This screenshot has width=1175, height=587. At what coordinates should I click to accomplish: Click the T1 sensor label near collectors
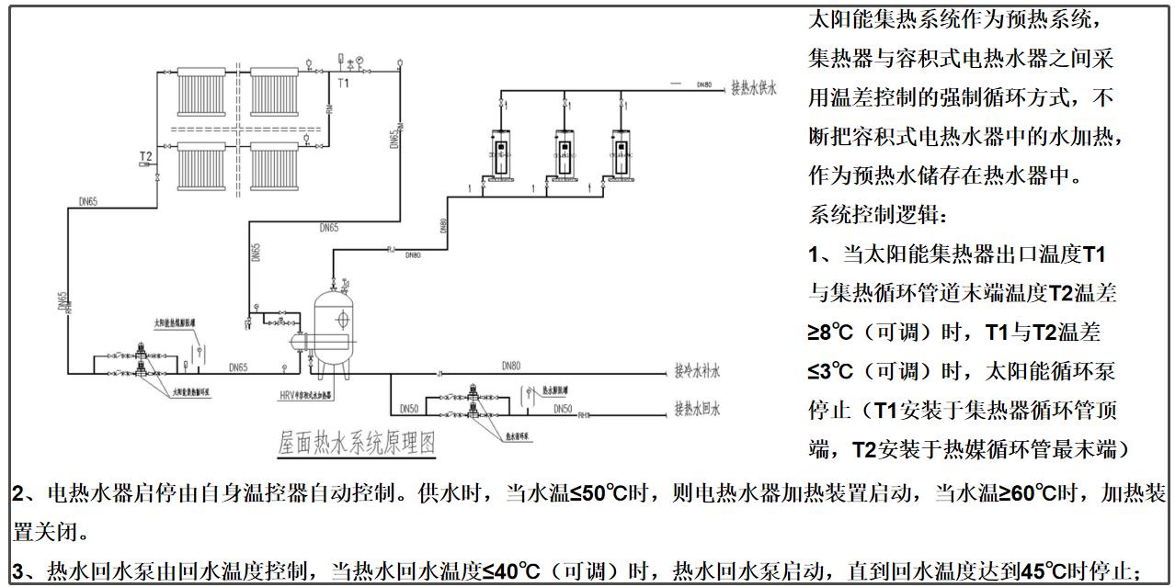343,84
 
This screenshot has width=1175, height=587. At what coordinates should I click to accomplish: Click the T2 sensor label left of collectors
145,156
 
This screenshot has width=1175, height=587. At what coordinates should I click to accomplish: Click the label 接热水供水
754,88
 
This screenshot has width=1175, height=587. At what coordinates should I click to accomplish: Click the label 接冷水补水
697,373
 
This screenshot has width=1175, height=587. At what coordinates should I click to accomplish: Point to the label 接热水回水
697,408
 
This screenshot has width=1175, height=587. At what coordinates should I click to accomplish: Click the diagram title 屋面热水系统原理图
357,443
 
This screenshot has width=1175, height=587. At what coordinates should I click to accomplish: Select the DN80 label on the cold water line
511,366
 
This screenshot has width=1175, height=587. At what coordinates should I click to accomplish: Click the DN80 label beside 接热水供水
703,84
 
